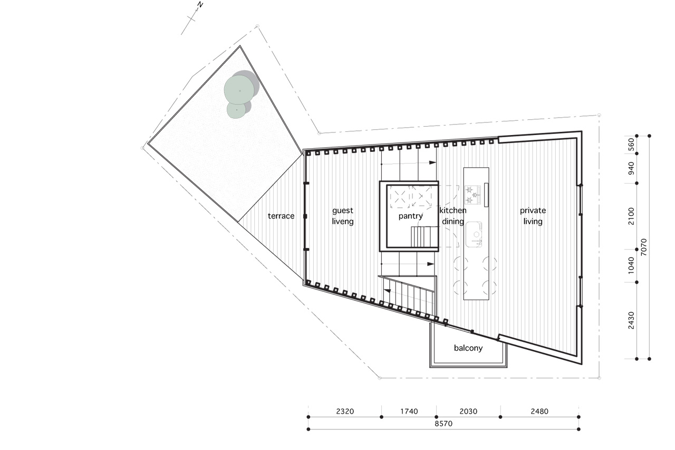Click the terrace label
(x=281, y=216)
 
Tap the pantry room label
(x=410, y=216)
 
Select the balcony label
(x=468, y=348)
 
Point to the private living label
(x=533, y=216)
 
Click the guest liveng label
(x=343, y=216)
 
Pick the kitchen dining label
(x=452, y=216)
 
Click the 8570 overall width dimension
(x=443, y=424)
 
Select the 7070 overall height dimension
(x=644, y=247)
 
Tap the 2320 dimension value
(x=345, y=411)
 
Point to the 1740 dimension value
(x=409, y=411)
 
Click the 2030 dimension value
(x=468, y=411)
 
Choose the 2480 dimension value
(x=539, y=411)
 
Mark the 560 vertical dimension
(x=631, y=145)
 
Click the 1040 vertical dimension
(x=631, y=265)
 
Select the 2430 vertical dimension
(x=631, y=320)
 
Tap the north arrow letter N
(x=200, y=5)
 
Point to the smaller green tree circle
(x=237, y=110)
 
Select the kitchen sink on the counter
(x=474, y=234)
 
